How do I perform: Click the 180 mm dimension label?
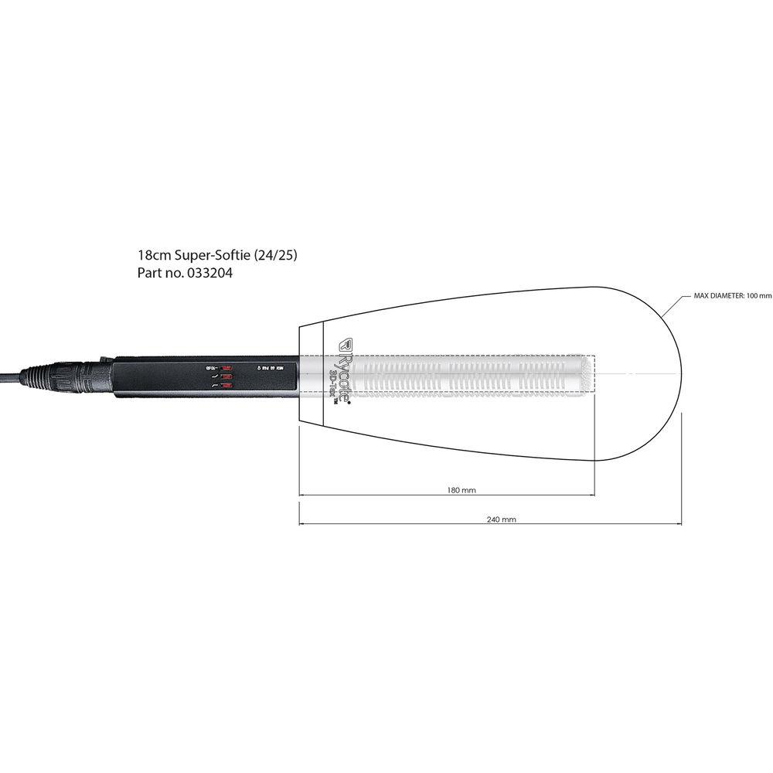click(461, 489)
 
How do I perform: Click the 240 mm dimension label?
click(502, 519)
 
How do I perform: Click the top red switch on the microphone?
click(226, 367)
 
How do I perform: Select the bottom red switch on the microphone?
click(226, 385)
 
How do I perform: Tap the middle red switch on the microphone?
click(226, 376)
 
